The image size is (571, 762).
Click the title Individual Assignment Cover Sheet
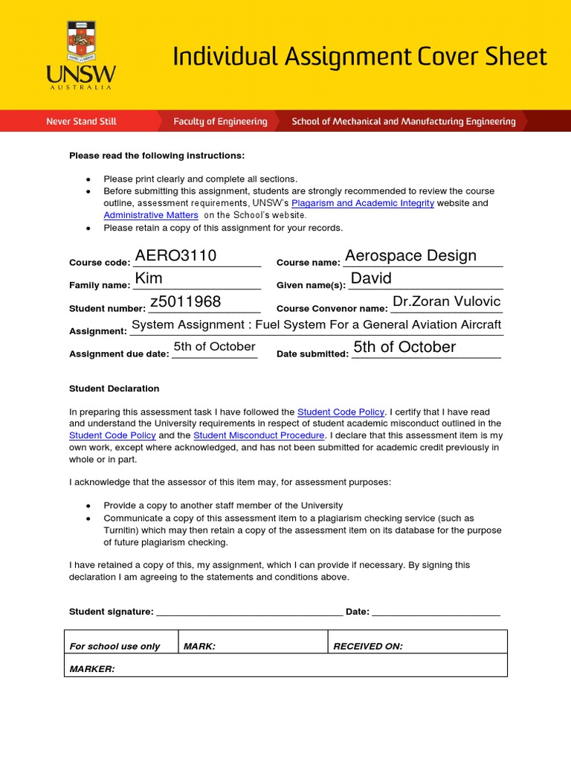tap(360, 57)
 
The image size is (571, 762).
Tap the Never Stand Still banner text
tap(81, 121)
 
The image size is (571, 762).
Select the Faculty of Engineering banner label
tap(220, 121)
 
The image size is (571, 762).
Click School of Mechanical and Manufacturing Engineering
tap(403, 121)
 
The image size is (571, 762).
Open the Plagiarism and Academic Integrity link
tap(363, 203)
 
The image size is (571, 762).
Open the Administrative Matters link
tap(151, 215)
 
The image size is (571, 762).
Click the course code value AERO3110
tap(175, 256)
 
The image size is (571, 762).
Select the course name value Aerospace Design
tap(410, 256)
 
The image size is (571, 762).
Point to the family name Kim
tap(149, 278)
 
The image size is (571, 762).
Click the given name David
tap(370, 278)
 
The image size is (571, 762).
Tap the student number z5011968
tap(185, 301)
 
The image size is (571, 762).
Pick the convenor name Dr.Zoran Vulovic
tap(446, 301)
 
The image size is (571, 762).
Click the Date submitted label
tap(312, 354)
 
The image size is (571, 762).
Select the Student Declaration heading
tap(114, 388)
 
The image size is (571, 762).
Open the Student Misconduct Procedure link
tap(259, 435)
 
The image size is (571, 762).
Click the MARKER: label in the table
tap(92, 669)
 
